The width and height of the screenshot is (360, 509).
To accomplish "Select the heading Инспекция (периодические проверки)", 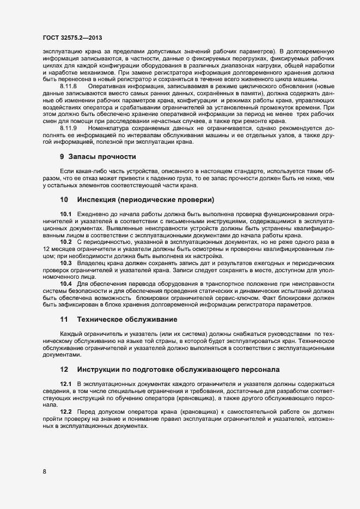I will [145, 199].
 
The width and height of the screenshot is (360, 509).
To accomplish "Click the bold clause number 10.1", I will [66, 214].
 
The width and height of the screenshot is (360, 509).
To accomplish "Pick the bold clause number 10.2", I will [66, 241].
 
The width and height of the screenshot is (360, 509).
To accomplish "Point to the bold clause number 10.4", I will [66, 284].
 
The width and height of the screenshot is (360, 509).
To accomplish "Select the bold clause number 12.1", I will [66, 384].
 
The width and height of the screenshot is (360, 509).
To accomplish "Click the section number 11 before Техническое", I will [64, 318].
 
